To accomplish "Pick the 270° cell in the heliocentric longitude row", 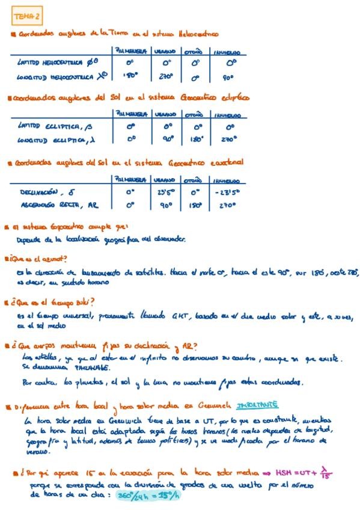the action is (166, 77).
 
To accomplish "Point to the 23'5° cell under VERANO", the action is (166, 193).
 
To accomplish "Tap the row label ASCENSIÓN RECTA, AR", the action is (58, 206).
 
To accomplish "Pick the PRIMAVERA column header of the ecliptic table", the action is (130, 113).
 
